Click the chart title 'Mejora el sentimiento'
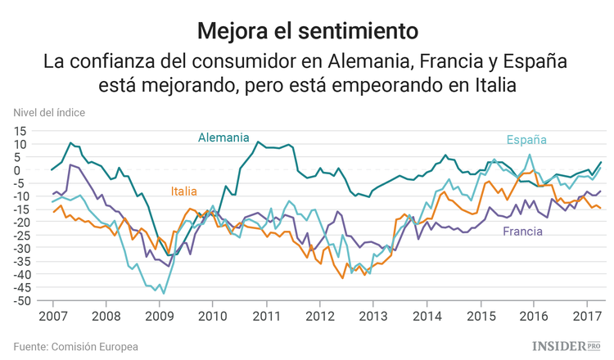307,31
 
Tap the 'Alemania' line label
224,137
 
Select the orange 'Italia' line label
184,191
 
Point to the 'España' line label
526,139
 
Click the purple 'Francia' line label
523,232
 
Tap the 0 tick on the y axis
25,170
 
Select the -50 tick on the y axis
19,301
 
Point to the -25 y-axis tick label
19,236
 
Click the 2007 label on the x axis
52,315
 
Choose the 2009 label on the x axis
159,315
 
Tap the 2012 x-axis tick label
319,315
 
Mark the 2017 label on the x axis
586,315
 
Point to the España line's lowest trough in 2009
163,292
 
